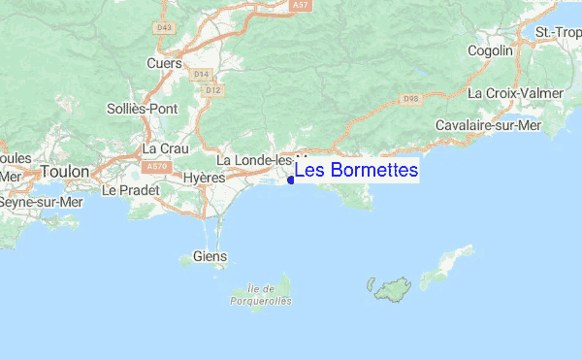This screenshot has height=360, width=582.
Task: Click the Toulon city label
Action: pyautogui.click(x=64, y=172)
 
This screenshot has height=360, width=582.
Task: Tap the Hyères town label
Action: pyautogui.click(x=204, y=179)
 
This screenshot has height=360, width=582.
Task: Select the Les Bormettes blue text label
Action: pyautogui.click(x=356, y=171)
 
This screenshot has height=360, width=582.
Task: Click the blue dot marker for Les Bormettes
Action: pyautogui.click(x=291, y=180)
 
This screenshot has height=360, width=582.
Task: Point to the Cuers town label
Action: pyautogui.click(x=164, y=63)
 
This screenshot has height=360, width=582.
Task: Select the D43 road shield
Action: pyautogui.click(x=163, y=27)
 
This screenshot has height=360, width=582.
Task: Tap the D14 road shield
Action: pyautogui.click(x=202, y=74)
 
